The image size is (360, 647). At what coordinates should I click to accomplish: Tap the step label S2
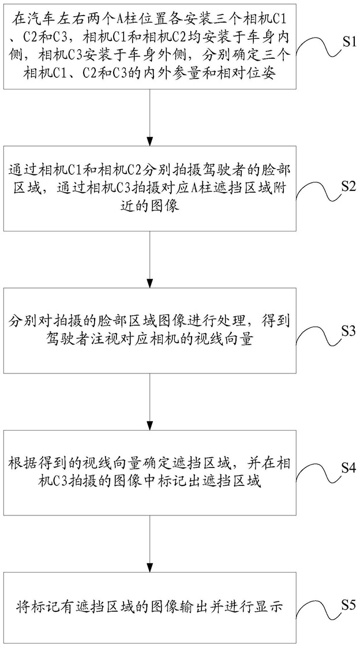pos(348,186)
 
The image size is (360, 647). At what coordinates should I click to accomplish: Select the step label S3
pos(348,329)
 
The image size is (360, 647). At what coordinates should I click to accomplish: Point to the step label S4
pos(348,468)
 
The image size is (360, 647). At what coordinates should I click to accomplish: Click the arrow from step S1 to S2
pos(150,117)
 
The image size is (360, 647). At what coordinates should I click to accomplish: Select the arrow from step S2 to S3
pos(150,259)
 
